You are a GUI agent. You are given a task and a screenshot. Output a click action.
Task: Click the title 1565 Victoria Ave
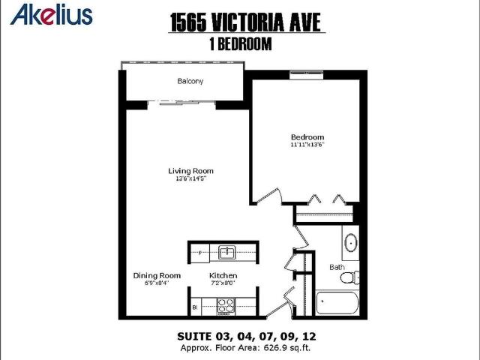pyautogui.click(x=247, y=20)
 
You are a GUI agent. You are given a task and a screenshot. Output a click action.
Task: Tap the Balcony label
pyautogui.click(x=190, y=81)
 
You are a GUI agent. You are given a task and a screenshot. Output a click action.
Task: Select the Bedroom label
pyautogui.click(x=307, y=137)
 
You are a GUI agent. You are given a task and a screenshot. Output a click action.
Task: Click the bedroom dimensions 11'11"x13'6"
pyautogui.click(x=307, y=145)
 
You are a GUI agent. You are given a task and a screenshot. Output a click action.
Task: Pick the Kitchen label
pyautogui.click(x=223, y=275)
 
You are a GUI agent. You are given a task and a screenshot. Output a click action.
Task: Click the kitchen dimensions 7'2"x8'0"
pyautogui.click(x=223, y=283)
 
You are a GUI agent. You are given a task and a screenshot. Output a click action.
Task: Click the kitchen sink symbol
pyautogui.click(x=226, y=251)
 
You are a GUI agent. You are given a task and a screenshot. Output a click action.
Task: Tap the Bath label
pyautogui.click(x=337, y=267)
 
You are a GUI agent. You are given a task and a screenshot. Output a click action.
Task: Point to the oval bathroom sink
pyautogui.click(x=350, y=243)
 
